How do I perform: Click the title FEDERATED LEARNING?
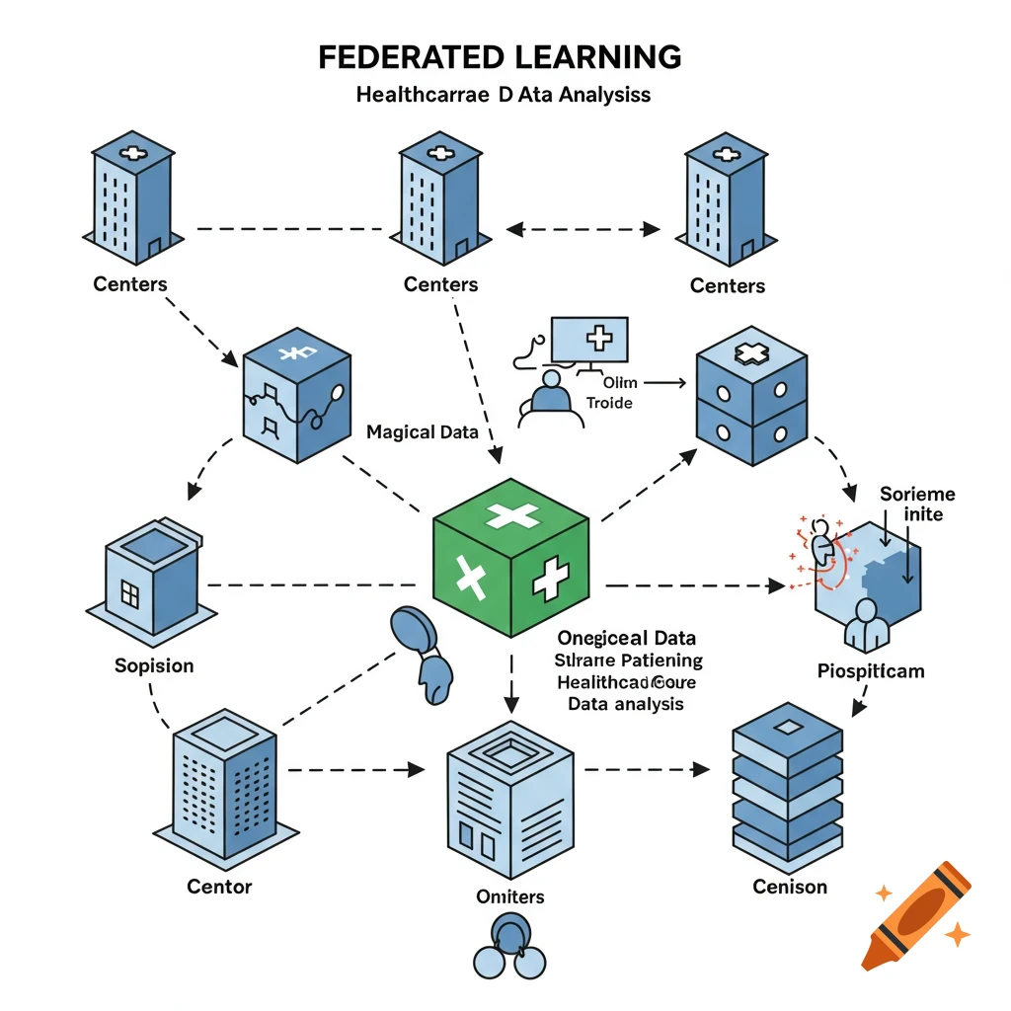click(500, 57)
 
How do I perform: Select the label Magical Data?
click(422, 431)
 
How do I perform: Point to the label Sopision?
click(154, 665)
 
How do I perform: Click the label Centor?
click(219, 887)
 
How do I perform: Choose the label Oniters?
click(509, 896)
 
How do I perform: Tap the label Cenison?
click(790, 887)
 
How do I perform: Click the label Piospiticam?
click(871, 671)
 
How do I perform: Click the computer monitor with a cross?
click(589, 342)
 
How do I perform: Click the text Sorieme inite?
click(917, 504)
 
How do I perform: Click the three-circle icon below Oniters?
click(510, 948)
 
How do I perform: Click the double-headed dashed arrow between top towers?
click(583, 230)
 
